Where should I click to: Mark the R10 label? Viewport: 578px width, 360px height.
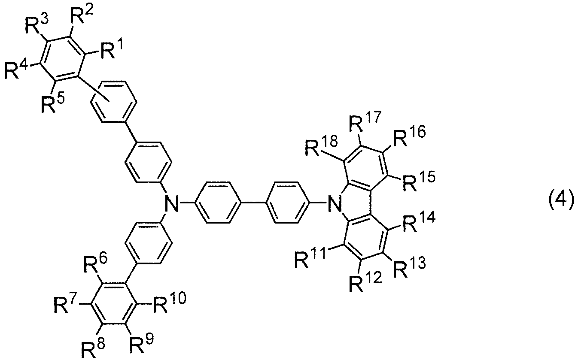point(169,304)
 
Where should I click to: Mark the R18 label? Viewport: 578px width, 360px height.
point(322,146)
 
